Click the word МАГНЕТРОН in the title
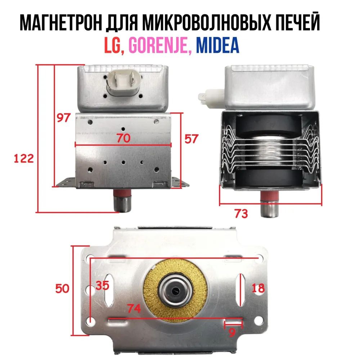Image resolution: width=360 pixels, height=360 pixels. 61,23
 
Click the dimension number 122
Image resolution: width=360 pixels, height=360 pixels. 24,158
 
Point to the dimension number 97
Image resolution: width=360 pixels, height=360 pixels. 63,118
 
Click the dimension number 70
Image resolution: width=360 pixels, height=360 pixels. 123,138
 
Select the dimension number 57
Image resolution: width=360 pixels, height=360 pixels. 191,139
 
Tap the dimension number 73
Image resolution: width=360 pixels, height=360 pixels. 241,213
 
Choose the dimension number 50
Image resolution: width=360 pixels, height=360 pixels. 62,288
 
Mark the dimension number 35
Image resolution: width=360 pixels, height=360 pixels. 102,285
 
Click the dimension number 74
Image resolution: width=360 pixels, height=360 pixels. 134,309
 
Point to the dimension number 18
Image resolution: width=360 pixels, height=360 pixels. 258,288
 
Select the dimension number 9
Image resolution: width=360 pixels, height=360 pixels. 232,332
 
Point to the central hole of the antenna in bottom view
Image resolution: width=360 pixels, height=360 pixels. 176,291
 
